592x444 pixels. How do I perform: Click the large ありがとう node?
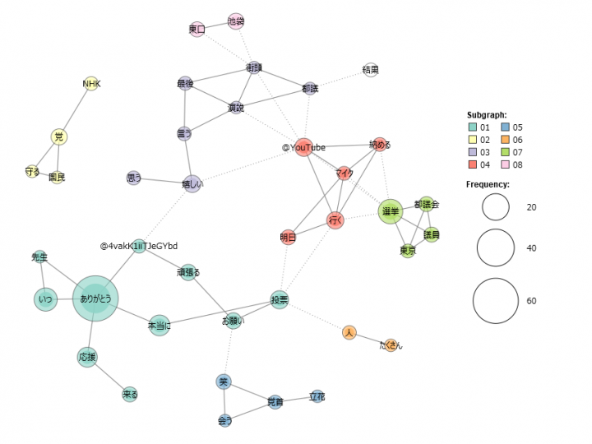[x=96, y=300]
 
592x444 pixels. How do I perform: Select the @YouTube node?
[x=304, y=147]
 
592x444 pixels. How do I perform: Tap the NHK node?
[x=91, y=84]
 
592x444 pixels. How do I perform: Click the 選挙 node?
[x=390, y=211]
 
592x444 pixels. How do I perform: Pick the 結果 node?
[x=371, y=71]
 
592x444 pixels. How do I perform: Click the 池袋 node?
[x=236, y=21]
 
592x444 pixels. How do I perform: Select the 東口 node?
[x=197, y=30]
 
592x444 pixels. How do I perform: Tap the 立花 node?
[x=317, y=397]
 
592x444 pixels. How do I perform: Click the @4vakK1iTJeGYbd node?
[x=139, y=246]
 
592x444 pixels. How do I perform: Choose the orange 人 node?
[x=349, y=332]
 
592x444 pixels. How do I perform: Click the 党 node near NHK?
[x=58, y=136]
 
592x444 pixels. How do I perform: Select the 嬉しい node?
[x=192, y=185]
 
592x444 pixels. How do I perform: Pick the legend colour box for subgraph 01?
[x=472, y=127]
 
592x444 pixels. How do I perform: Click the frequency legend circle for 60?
[x=496, y=301]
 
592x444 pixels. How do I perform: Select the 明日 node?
[x=288, y=237]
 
